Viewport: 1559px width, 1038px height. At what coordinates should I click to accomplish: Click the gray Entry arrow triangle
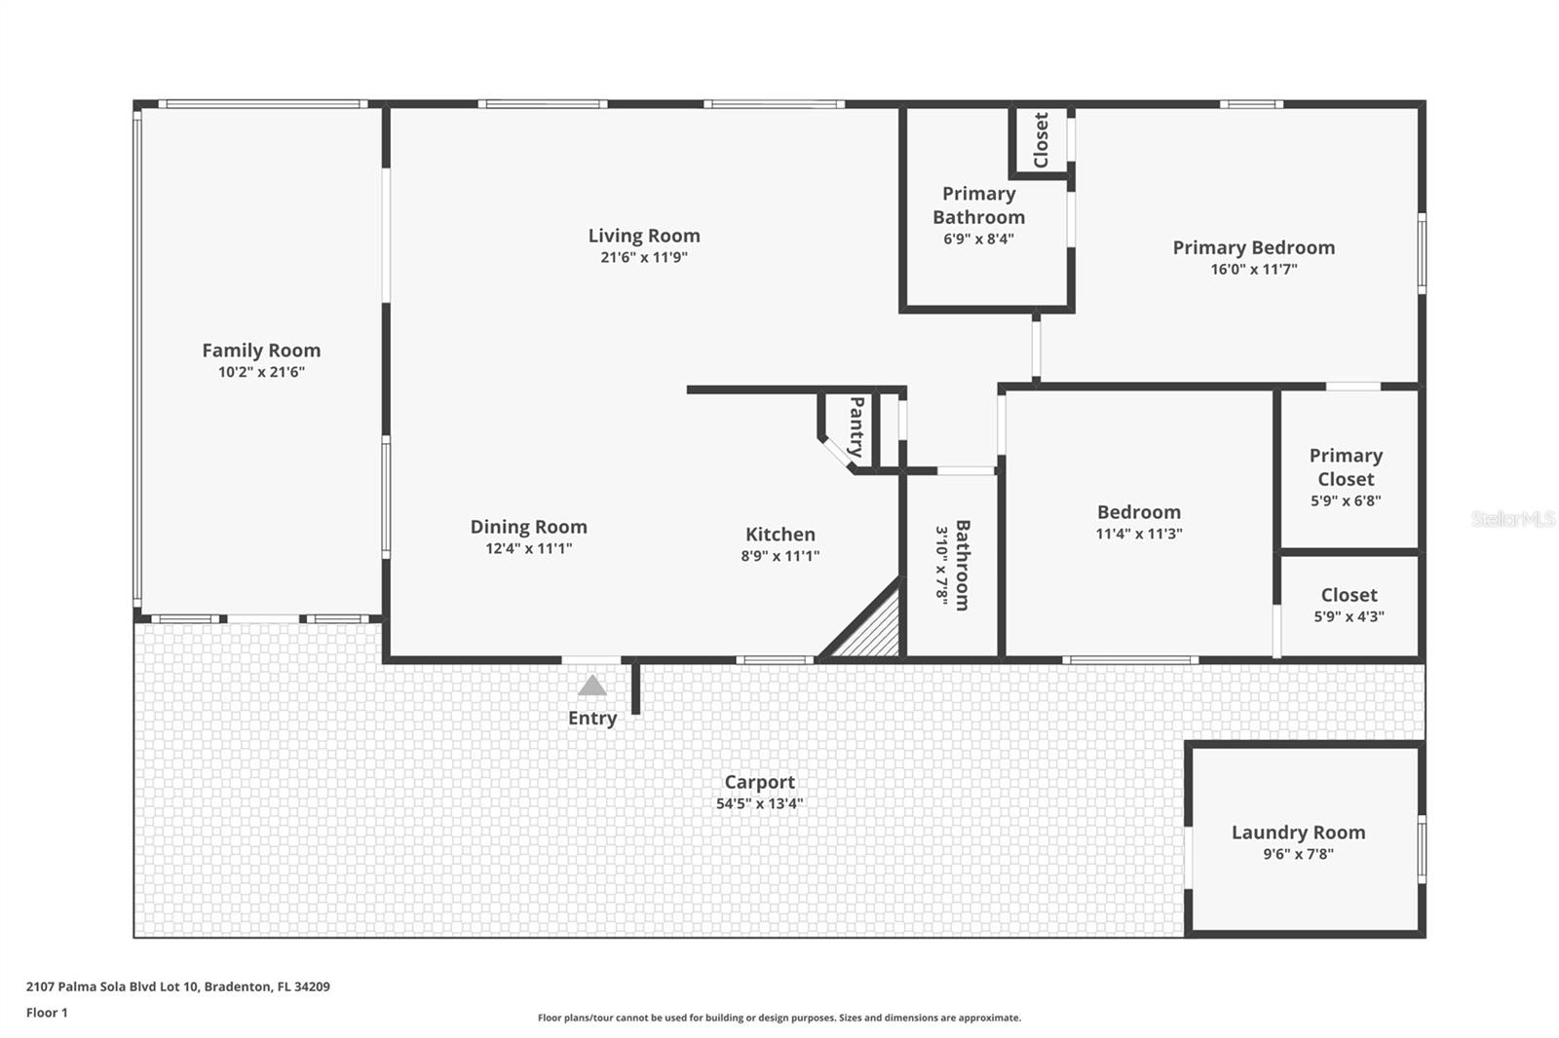coord(591,686)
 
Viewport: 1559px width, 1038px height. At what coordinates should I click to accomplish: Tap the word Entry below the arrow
coord(592,719)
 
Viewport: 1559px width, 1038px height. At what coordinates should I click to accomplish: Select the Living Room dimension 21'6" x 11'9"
coord(644,258)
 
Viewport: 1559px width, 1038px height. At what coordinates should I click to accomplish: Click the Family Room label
coord(261,351)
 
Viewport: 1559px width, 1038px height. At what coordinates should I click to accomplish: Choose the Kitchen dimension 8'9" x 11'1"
coord(779,556)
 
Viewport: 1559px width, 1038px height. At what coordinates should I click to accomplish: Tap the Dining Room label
coord(528,527)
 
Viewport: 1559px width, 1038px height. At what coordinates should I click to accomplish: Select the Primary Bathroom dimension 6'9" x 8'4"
coord(978,239)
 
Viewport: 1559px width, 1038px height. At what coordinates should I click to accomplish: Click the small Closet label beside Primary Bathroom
coord(1041,140)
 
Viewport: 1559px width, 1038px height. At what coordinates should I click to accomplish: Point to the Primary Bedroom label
coord(1253,247)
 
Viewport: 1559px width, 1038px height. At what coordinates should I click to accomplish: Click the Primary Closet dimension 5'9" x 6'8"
coord(1346,501)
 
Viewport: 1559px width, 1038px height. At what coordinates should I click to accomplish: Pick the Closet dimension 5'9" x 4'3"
coord(1349,616)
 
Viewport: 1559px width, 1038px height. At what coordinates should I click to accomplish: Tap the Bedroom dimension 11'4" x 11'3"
coord(1138,534)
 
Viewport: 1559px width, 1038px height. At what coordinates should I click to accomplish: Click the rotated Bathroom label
coord(962,565)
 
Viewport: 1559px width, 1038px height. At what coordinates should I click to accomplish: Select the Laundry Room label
coord(1298,833)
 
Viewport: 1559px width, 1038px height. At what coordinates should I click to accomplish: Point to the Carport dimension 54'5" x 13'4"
coord(759,804)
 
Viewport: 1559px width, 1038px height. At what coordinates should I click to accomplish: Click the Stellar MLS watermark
coord(1512,519)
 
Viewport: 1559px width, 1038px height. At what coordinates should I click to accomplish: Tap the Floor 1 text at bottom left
coord(47,1013)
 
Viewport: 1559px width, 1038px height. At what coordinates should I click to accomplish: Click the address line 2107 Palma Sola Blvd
coord(177,986)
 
